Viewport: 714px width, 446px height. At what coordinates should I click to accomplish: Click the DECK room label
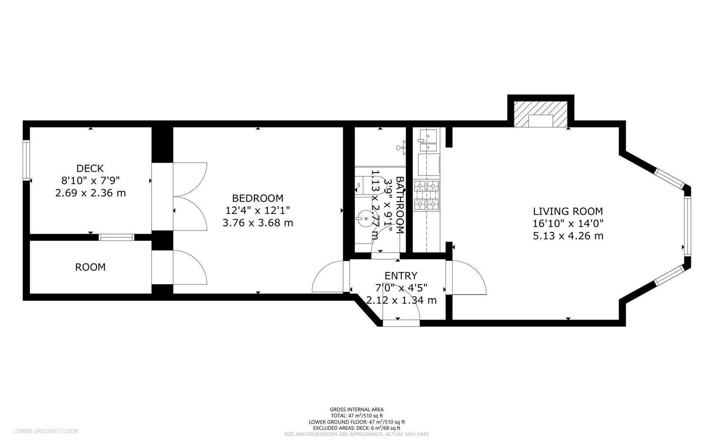(x=90, y=168)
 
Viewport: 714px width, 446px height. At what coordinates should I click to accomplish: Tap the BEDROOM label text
(x=258, y=198)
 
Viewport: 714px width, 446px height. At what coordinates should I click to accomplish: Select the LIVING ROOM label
(x=568, y=211)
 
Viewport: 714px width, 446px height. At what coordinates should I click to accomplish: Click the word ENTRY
(x=401, y=275)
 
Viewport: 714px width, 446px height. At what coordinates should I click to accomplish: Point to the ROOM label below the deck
(x=90, y=267)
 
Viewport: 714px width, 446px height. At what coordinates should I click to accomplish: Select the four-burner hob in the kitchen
(x=427, y=195)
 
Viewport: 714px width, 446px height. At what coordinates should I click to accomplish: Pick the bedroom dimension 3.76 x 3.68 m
(x=258, y=223)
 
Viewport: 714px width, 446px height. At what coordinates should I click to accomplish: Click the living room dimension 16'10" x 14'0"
(x=568, y=224)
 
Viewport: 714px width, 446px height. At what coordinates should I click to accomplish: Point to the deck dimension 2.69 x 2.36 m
(x=90, y=193)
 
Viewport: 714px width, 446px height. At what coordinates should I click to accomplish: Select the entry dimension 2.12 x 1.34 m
(x=401, y=300)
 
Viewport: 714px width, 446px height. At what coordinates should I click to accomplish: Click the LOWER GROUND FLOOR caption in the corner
(x=45, y=431)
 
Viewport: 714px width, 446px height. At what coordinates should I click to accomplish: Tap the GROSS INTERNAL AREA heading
(x=357, y=410)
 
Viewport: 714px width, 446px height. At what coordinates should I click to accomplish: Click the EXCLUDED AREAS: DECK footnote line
(x=357, y=428)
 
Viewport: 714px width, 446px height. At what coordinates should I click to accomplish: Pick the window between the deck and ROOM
(x=116, y=237)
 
